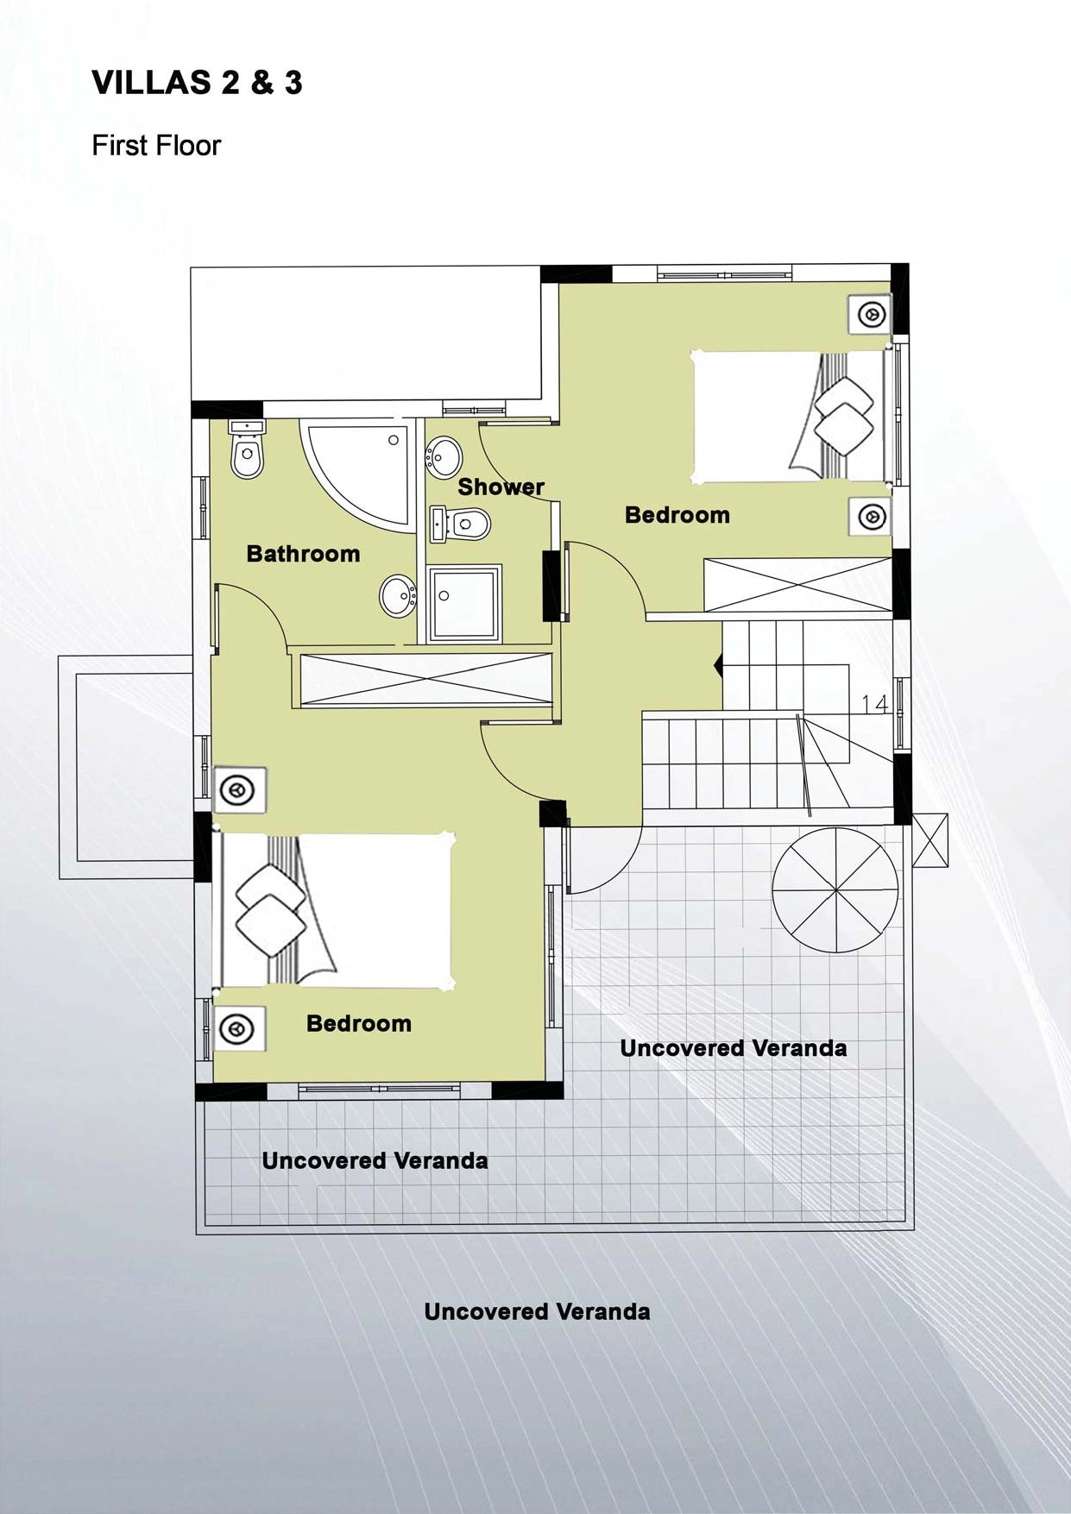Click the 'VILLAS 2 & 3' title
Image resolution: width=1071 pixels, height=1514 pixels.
click(x=197, y=83)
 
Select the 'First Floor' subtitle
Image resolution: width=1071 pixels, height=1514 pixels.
click(x=156, y=145)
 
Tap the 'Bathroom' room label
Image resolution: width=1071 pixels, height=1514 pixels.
click(x=303, y=554)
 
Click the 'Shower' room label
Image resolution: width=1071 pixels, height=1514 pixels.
click(x=501, y=487)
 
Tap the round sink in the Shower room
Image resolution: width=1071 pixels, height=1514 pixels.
click(x=444, y=455)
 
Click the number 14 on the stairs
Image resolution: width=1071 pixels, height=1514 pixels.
click(x=875, y=705)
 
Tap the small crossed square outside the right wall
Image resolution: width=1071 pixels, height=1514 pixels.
click(x=929, y=839)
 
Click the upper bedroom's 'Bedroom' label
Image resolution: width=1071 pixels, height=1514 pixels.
click(x=677, y=515)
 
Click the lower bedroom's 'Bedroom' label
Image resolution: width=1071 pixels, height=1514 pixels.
click(x=359, y=1024)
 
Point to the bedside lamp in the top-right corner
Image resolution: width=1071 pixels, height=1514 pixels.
click(x=872, y=316)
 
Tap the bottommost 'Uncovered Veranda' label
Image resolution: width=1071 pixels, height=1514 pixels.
click(x=537, y=1312)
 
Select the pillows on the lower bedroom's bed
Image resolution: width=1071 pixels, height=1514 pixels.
click(x=271, y=910)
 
